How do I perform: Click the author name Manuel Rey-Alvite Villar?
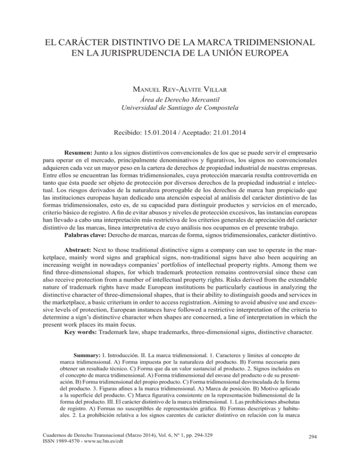[x=180, y=87]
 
